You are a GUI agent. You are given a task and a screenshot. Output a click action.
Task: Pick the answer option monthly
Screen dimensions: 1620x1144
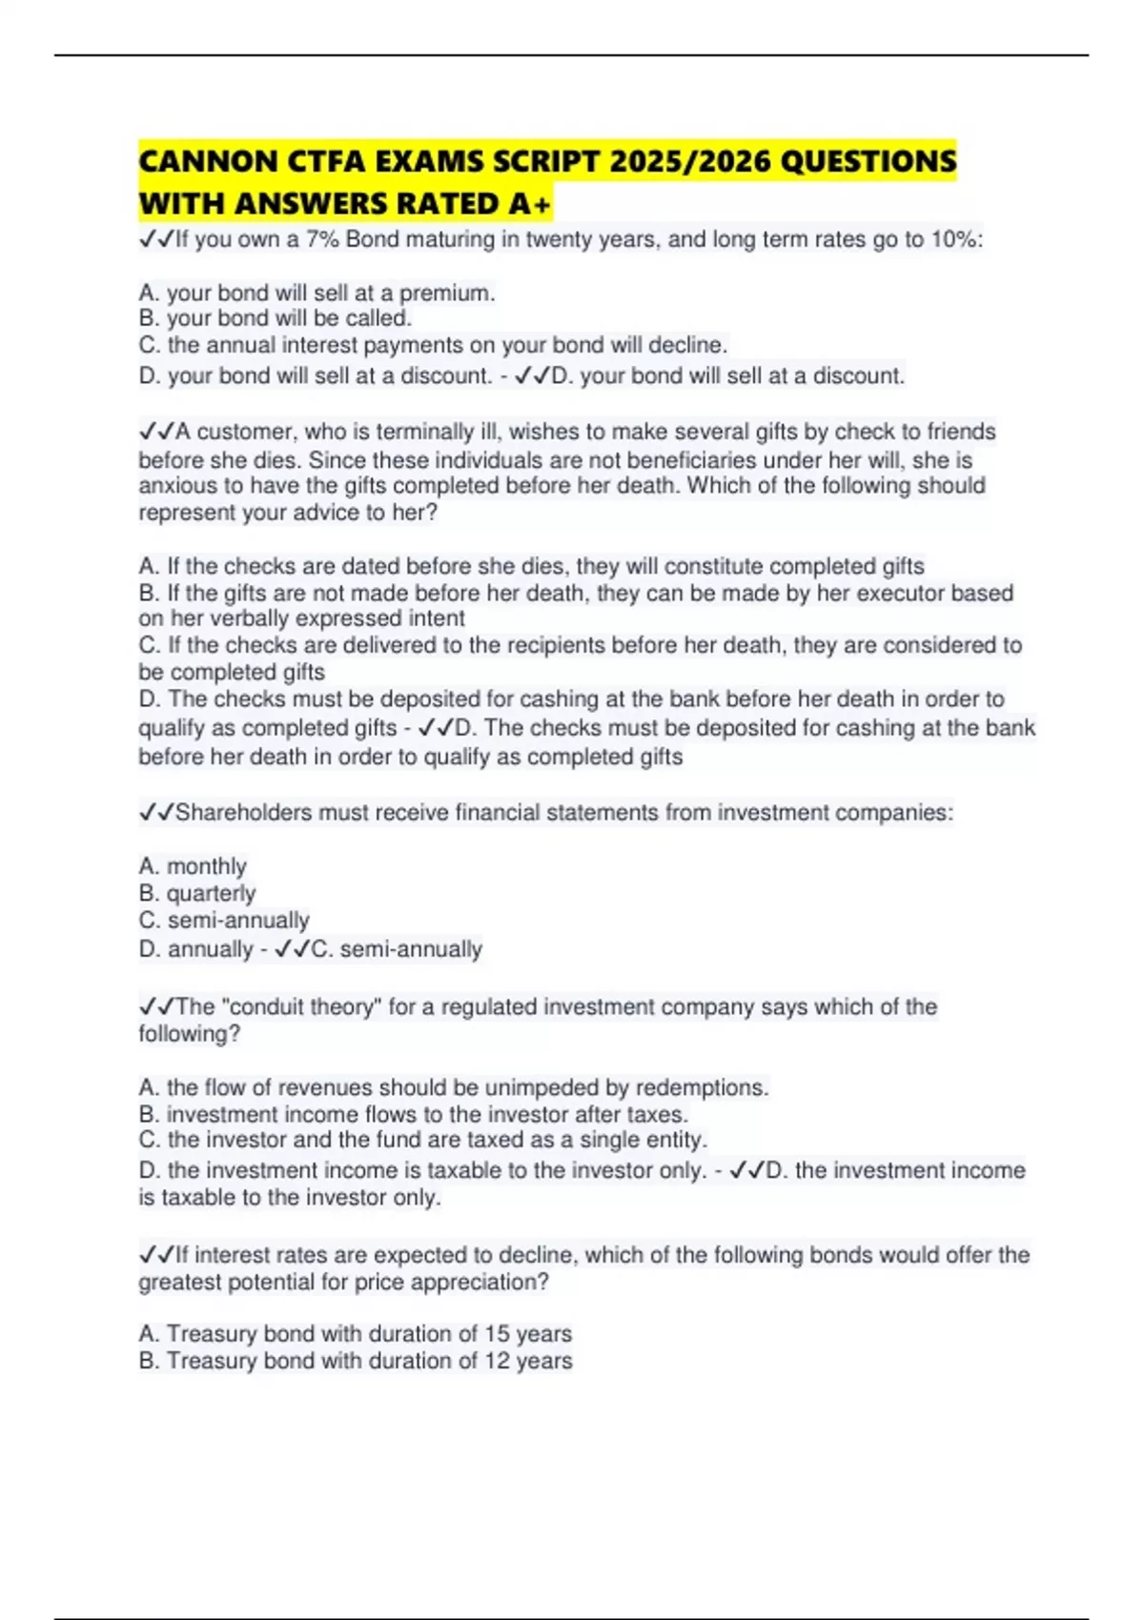click(206, 866)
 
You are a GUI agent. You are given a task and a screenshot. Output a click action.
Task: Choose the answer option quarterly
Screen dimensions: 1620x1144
click(211, 894)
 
